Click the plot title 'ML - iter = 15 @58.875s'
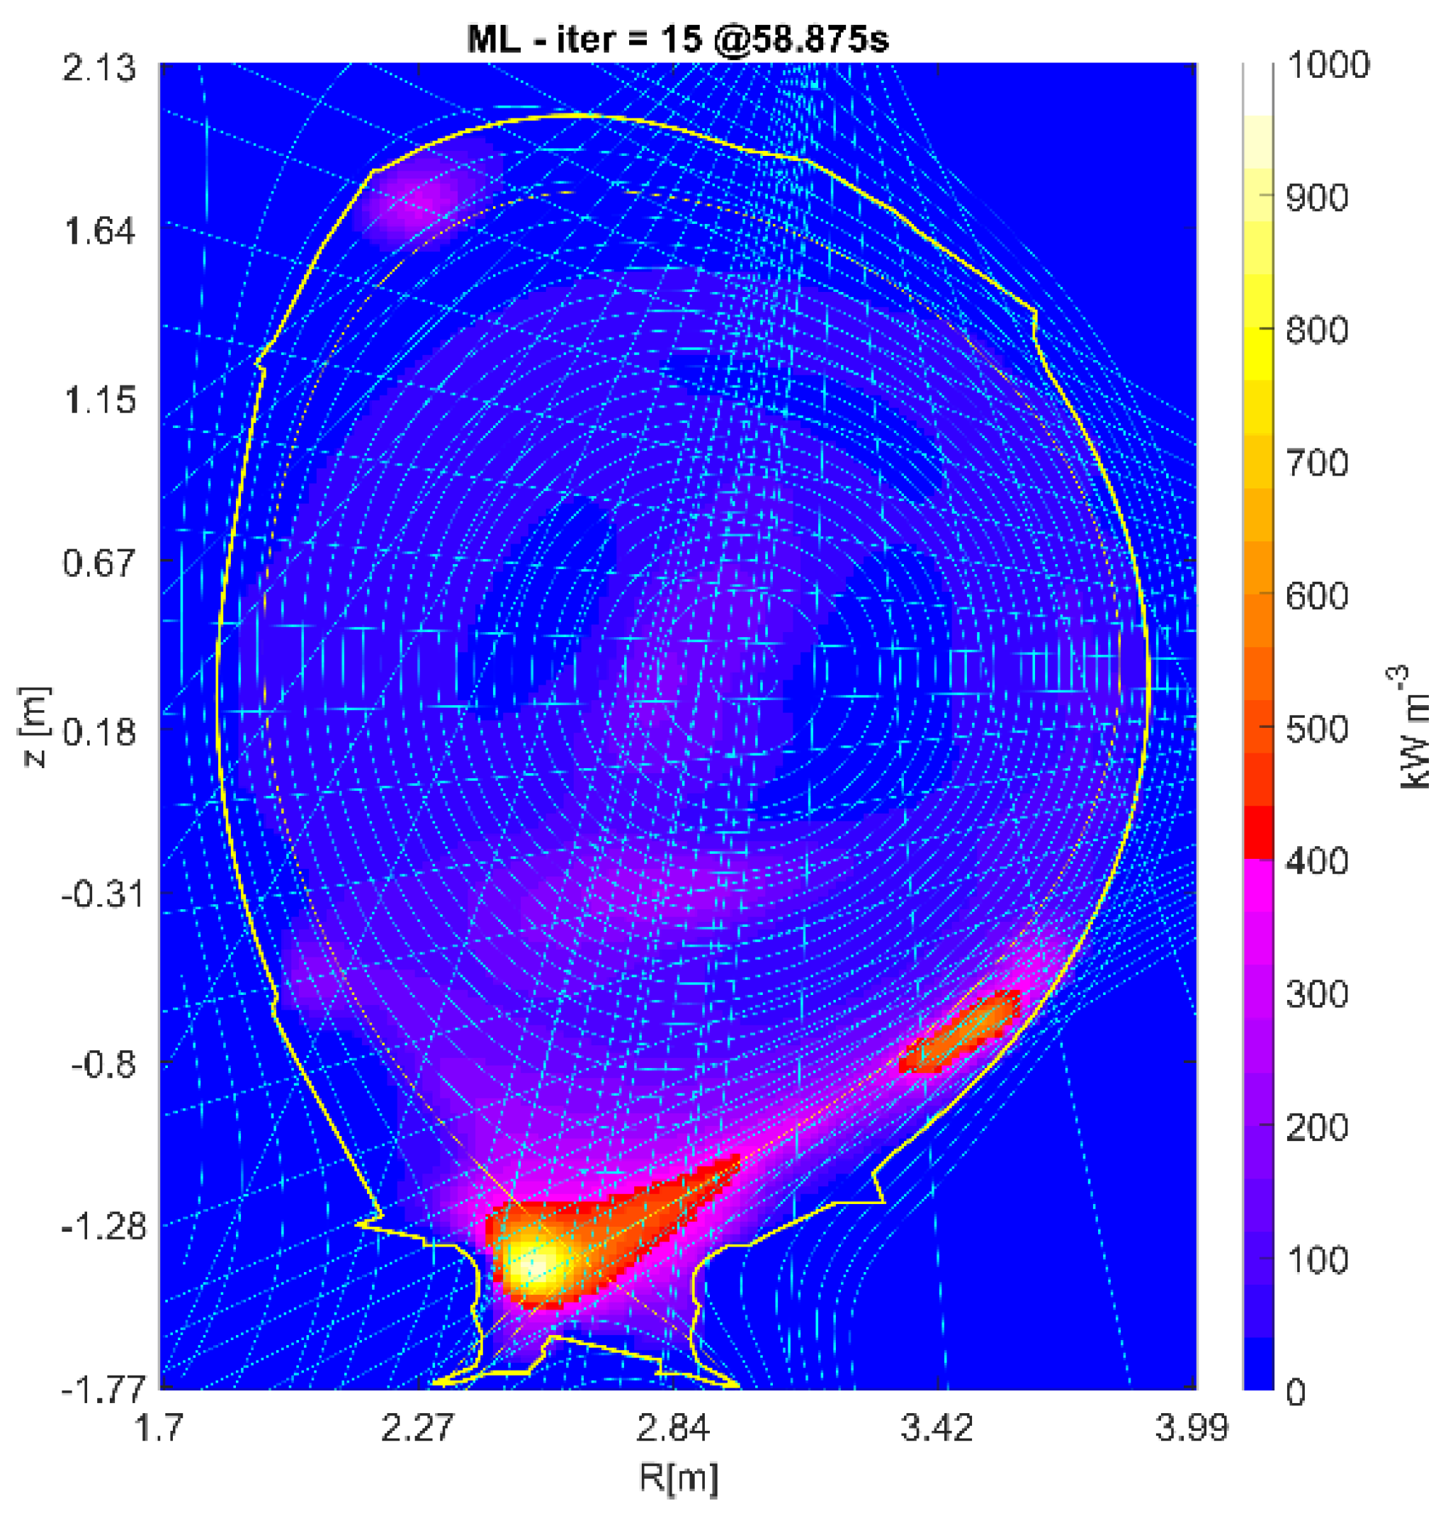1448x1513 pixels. point(678,37)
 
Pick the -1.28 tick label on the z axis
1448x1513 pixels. point(98,1227)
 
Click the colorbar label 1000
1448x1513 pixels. point(1328,65)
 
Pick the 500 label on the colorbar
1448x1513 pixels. point(1317,729)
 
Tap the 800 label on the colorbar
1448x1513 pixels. point(1317,330)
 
